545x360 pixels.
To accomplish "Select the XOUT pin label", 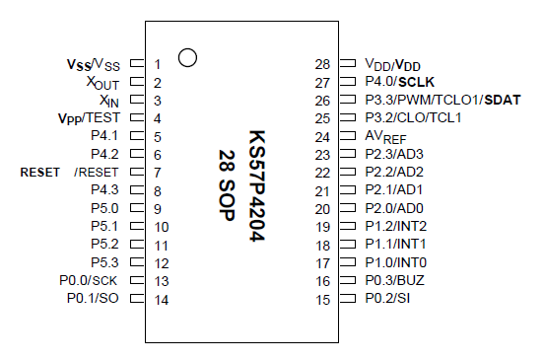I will tap(102, 83).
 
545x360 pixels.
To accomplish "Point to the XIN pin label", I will tap(109, 101).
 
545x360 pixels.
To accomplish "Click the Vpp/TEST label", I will tap(89, 118).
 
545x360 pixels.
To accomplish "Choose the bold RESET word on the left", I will tap(40, 173).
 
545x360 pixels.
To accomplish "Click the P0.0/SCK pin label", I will tap(89, 280).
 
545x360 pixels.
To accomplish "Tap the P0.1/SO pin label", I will tap(93, 298).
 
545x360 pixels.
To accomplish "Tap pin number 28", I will tap(322, 64).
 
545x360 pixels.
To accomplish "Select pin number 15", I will tap(322, 298).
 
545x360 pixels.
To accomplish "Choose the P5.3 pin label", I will tap(104, 262).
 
